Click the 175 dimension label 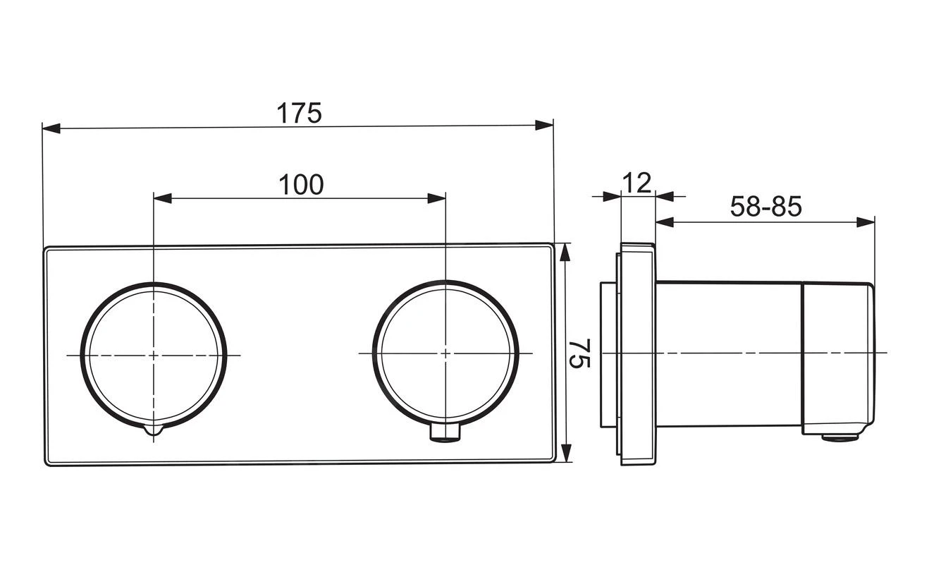coord(299,112)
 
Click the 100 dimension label coord(301,185)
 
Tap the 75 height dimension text coord(579,353)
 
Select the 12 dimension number coord(637,183)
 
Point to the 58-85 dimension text coord(765,206)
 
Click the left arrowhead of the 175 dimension coord(51,128)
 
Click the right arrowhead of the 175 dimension coord(544,125)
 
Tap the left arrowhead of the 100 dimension coord(163,198)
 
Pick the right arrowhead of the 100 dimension coord(436,198)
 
